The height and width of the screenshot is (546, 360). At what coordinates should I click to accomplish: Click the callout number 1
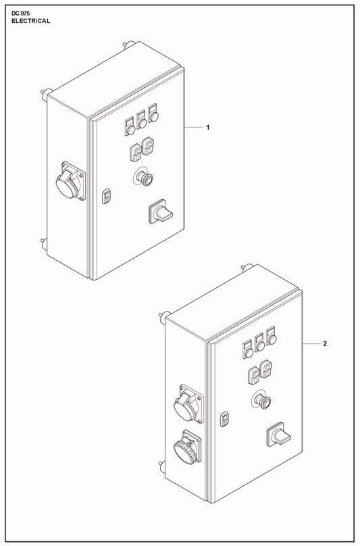pos(208,128)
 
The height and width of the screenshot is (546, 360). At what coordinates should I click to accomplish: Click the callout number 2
pos(325,344)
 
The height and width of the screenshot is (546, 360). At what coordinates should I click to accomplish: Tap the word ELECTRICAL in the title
pos(30,21)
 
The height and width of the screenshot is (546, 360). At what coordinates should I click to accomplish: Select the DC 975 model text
pos(20,14)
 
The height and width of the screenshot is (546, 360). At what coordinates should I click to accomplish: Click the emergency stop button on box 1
pos(143,177)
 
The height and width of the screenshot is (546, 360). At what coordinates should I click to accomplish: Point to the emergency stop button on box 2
pos(261,400)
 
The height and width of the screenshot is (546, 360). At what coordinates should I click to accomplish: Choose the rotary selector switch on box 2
pos(278,435)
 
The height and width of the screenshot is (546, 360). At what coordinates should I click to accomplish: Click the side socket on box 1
pos(70,180)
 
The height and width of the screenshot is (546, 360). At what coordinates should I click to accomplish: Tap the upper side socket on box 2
pos(188,403)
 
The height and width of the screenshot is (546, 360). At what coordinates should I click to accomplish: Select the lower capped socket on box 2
pos(188,447)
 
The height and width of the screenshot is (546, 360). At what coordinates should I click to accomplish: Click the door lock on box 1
pos(107,196)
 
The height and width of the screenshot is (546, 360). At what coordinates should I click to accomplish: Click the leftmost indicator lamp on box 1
pos(130,127)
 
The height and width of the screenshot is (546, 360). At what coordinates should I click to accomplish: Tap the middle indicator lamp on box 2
pos(259,343)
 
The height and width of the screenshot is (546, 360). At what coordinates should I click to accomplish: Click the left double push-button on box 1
pos(136,153)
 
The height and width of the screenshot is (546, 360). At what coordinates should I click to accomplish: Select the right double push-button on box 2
pos(266,369)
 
